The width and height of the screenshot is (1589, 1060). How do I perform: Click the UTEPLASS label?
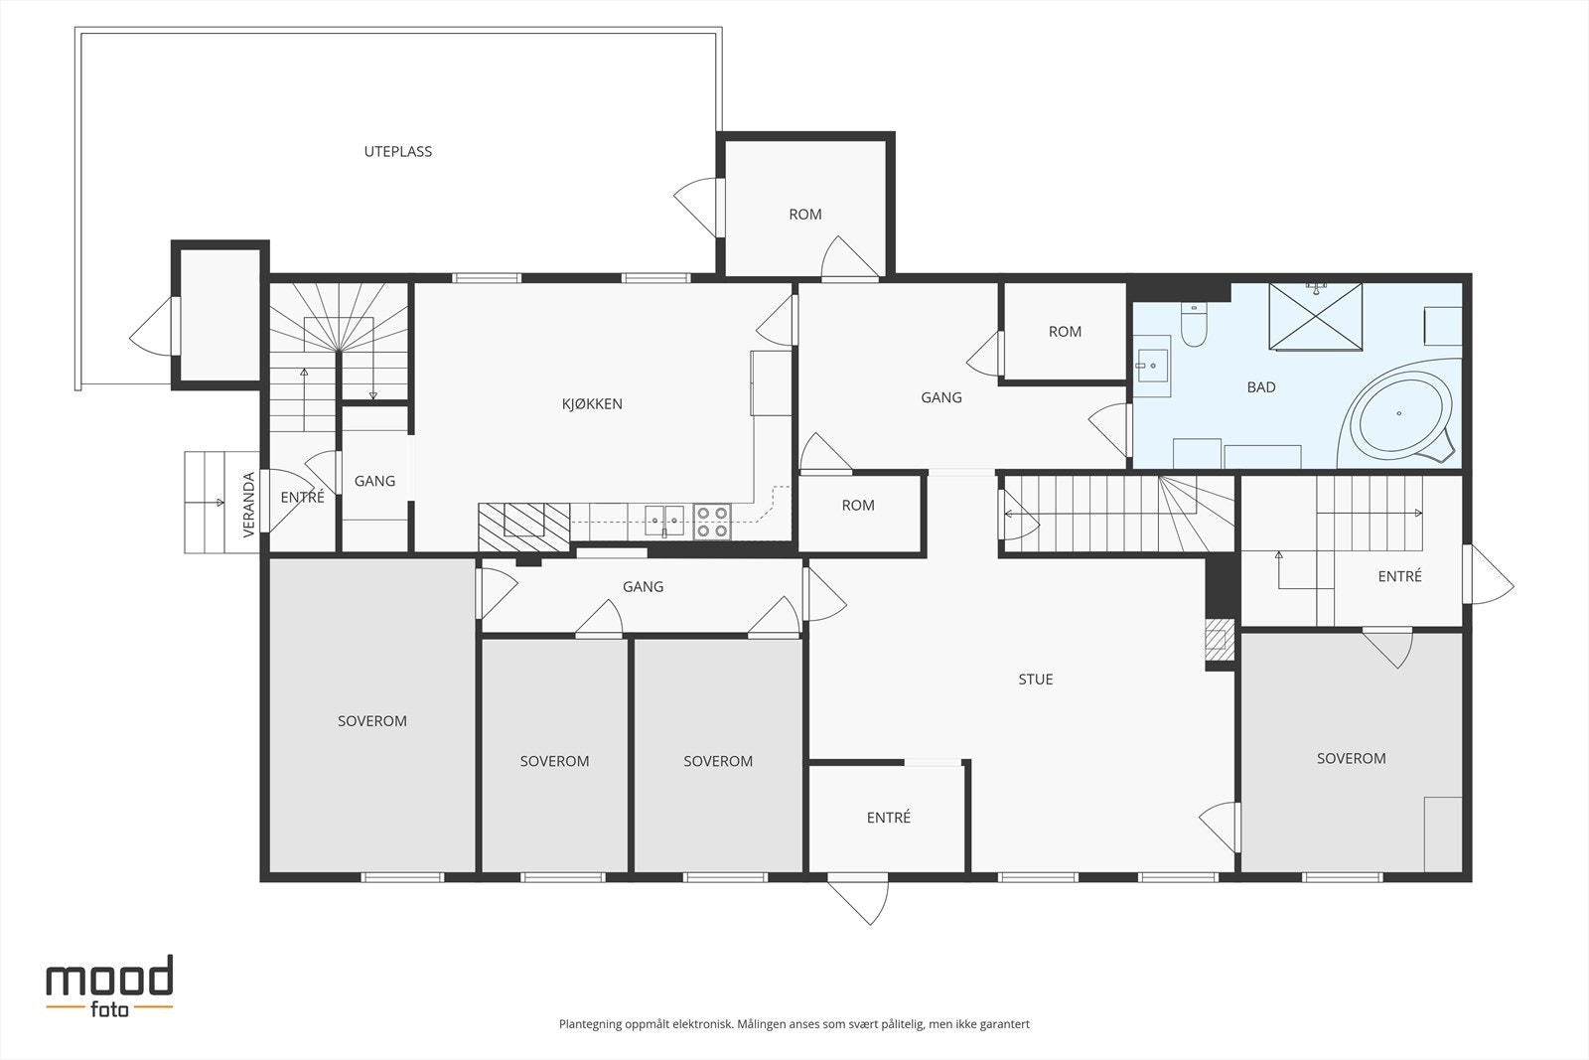coord(398,151)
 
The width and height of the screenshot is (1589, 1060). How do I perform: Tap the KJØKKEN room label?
coord(592,403)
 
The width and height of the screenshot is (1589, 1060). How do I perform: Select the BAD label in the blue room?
coord(1261,387)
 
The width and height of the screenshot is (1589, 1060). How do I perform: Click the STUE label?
coord(1036,679)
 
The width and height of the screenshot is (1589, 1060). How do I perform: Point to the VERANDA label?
coord(248,505)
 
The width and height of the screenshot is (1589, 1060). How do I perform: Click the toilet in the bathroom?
coord(1194,325)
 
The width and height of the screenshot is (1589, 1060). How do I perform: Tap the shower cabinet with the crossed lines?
coord(1316,317)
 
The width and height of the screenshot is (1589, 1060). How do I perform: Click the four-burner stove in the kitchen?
coord(712,522)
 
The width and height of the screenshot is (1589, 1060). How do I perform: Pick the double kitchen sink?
coord(664,521)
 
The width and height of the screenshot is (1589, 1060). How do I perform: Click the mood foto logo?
coord(110,986)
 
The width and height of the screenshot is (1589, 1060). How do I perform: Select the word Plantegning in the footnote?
coord(590,1024)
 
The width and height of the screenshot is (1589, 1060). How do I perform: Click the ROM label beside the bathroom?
coord(1065,332)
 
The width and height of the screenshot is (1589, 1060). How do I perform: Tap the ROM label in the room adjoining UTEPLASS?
coord(805,215)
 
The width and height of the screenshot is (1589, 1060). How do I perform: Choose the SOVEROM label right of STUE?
coord(1352,758)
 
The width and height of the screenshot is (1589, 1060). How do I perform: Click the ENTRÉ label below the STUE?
coord(888,818)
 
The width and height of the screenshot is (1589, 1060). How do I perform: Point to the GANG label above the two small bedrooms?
coord(644,587)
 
